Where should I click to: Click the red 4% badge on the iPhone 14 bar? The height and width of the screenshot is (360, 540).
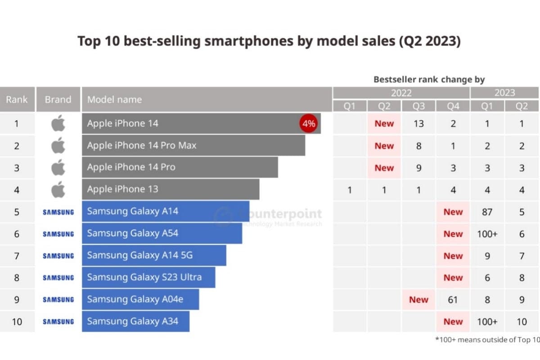click(309, 124)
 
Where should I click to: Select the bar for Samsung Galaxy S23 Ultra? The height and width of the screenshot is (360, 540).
click(148, 278)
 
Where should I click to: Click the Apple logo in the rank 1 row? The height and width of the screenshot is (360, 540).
click(58, 123)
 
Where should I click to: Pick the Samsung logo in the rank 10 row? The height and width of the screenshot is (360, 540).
click(58, 322)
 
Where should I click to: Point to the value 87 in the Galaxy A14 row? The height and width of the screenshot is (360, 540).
click(487, 211)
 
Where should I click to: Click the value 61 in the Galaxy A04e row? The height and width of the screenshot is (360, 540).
click(453, 300)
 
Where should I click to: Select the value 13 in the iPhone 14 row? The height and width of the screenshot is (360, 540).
click(418, 123)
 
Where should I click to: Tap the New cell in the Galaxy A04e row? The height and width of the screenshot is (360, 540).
click(418, 300)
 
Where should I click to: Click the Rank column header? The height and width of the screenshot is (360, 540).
click(17, 99)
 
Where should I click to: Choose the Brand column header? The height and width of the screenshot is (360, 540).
click(58, 99)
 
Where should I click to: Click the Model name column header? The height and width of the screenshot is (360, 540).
click(114, 99)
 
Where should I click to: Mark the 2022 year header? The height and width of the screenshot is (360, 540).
click(401, 93)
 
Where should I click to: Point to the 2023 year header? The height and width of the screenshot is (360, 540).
click(504, 93)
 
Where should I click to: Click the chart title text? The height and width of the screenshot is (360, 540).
click(269, 41)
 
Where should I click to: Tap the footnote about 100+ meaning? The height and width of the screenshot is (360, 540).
click(487, 340)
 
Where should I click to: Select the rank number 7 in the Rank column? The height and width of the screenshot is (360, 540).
click(17, 256)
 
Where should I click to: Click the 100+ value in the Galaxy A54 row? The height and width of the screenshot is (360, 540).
click(487, 234)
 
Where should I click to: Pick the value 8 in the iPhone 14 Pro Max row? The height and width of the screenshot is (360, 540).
click(418, 145)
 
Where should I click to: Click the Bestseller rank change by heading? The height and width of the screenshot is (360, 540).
click(429, 80)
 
